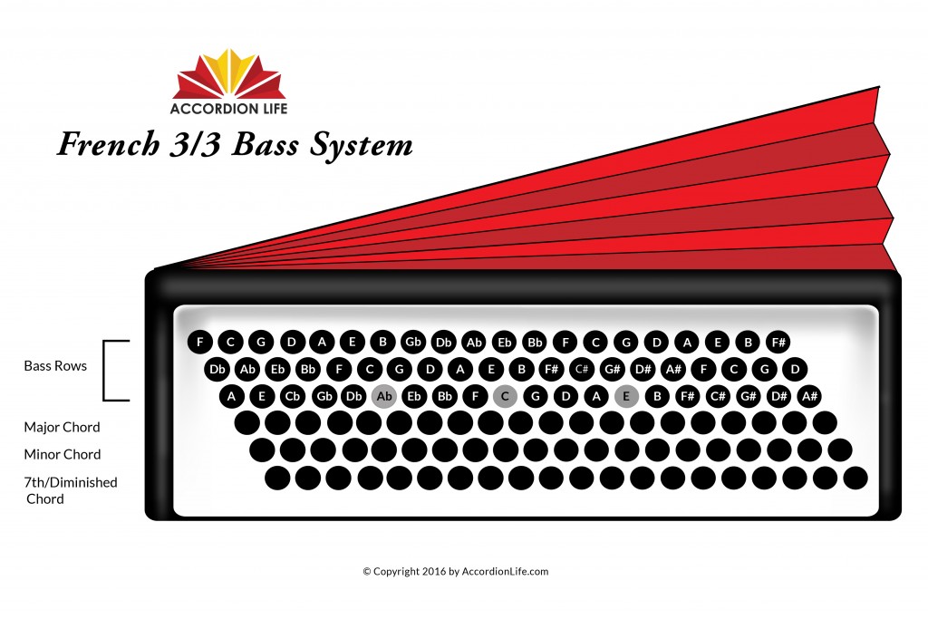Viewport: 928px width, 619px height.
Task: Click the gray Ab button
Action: [x=384, y=396]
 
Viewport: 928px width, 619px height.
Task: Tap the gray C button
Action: [x=505, y=396]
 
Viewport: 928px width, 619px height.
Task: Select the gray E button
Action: [x=626, y=396]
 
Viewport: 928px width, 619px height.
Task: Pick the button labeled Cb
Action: [x=293, y=396]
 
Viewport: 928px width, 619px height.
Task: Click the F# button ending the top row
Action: [x=778, y=342]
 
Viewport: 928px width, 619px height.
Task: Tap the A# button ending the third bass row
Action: [x=809, y=396]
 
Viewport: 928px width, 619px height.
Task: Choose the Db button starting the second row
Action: [x=217, y=369]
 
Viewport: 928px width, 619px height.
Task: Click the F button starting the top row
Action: [x=200, y=342]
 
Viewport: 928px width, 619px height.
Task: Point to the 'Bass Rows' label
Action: [x=55, y=366]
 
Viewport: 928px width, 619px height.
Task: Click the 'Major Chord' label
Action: [x=62, y=427]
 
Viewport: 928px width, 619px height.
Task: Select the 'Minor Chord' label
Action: [x=63, y=454]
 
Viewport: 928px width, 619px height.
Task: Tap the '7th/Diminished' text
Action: [x=71, y=482]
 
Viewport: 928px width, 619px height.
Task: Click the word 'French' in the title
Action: [x=109, y=144]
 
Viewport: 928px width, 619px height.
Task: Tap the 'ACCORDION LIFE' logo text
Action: [x=228, y=108]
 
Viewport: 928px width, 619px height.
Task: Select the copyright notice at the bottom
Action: [x=456, y=572]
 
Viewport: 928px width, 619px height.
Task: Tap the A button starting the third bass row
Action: [x=231, y=396]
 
